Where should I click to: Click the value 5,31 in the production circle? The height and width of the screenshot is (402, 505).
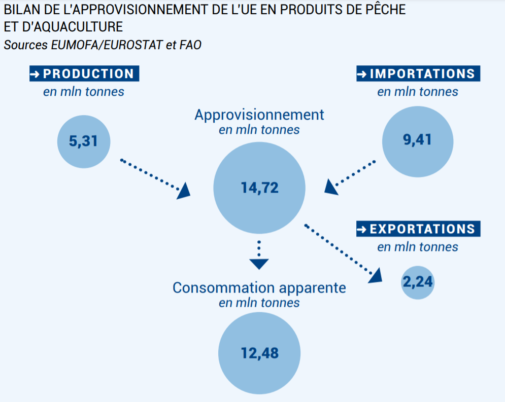[83, 141]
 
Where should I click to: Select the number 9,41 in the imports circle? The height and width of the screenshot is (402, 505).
[417, 139]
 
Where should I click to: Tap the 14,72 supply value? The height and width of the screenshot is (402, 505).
[259, 188]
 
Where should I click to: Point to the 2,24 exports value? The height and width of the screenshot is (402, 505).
[418, 282]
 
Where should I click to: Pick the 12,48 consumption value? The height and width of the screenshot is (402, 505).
[259, 353]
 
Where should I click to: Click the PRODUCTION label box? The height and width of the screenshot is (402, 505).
[84, 74]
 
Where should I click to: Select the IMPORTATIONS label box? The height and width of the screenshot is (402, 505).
[418, 74]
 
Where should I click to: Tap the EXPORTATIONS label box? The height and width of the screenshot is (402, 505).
[418, 229]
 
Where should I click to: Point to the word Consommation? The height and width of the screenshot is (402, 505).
[224, 288]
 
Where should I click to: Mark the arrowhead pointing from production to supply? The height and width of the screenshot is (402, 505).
[184, 191]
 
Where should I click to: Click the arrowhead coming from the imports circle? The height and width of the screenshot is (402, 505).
[330, 187]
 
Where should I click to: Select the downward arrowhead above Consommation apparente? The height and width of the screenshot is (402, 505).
[259, 264]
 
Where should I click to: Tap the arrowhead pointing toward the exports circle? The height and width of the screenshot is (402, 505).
[376, 276]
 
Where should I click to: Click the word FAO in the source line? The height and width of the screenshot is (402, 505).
[190, 45]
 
